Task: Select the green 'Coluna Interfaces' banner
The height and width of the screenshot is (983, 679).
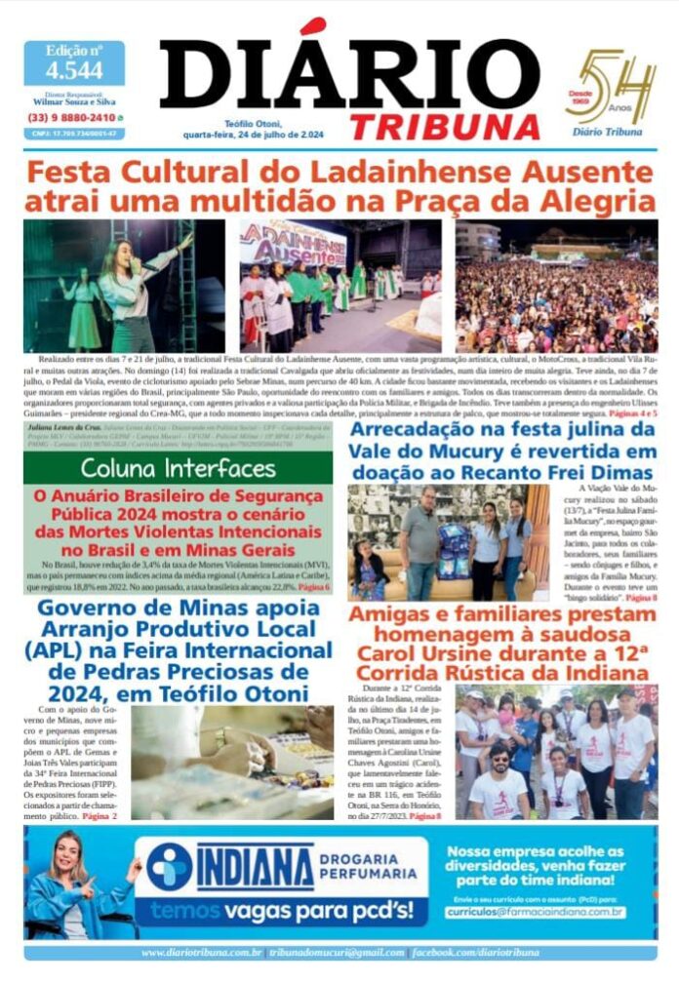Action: pos(178,468)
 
